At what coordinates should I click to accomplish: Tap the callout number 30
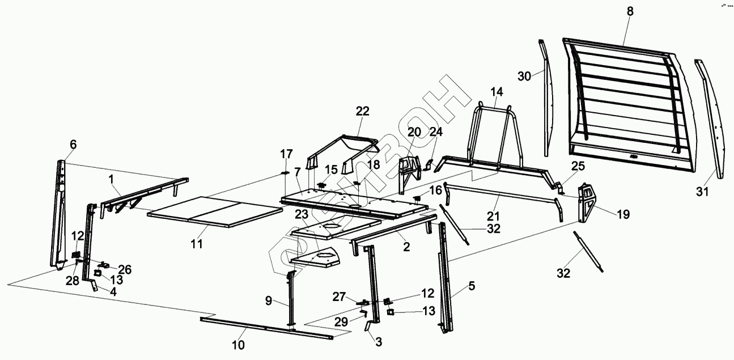point(525,76)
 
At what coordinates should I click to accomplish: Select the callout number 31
point(703,192)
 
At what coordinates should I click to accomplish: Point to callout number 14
point(497,92)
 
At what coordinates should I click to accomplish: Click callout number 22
point(362,112)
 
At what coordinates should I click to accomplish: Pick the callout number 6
point(73,145)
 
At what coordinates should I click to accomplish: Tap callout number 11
point(196,244)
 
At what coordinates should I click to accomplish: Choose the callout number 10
point(239,345)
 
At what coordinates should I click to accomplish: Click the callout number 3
point(378,341)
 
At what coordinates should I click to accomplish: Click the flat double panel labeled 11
point(215,211)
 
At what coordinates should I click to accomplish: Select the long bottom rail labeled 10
point(266,328)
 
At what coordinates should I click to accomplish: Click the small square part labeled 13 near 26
point(97,273)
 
